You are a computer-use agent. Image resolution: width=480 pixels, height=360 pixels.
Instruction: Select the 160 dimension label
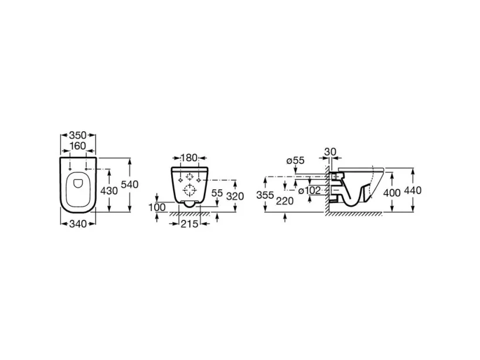[x=78, y=146]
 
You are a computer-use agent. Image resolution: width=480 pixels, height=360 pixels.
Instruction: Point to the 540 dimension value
[x=129, y=185]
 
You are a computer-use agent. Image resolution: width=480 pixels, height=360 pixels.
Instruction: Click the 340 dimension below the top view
[x=78, y=223]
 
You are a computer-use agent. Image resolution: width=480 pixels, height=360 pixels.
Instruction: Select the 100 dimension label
[x=156, y=208]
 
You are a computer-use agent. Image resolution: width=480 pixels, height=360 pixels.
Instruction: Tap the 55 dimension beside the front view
[x=216, y=193]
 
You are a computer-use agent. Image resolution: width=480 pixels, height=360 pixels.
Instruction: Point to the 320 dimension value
[x=234, y=196]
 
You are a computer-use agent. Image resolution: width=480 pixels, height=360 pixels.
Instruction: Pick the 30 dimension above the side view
[x=331, y=151]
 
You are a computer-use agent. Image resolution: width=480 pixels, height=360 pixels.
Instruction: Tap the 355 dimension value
[x=265, y=195]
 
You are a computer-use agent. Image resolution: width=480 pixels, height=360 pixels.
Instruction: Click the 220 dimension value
[x=285, y=201]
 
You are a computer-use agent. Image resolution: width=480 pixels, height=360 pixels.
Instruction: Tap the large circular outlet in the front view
[x=188, y=189]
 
